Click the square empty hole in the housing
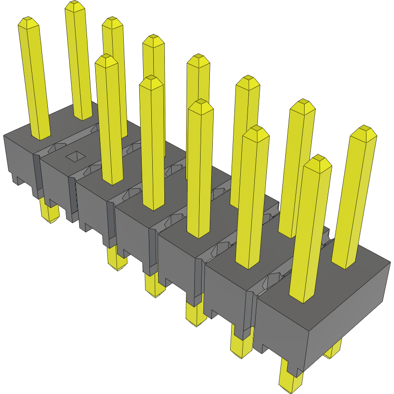coord(74,156)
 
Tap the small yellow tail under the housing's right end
coord(334,350)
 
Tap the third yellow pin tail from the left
coord(155,288)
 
